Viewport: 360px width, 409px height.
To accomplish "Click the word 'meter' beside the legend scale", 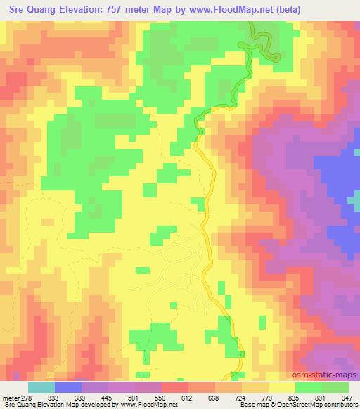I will tap(8, 397).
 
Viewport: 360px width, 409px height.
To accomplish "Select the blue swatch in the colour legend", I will tap(67, 387).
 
